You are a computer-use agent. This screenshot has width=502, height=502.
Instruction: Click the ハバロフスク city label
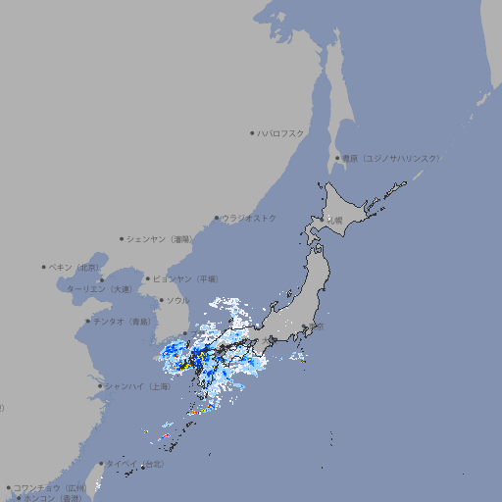pyautogui.click(x=281, y=132)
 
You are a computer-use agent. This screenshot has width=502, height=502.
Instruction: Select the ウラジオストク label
pyautogui.click(x=250, y=218)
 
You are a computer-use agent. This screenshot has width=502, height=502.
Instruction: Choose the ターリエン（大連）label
pyautogui.click(x=99, y=289)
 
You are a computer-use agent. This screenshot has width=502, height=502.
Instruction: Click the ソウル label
pyautogui.click(x=177, y=300)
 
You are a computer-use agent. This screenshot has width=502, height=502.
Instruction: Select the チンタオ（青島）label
pyautogui.click(x=122, y=321)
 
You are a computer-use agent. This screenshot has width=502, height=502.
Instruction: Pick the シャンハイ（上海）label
pyautogui.click(x=138, y=386)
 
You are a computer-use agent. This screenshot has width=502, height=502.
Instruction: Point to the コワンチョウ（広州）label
pyautogui.click(x=49, y=487)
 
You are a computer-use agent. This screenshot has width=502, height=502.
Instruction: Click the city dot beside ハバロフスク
pyautogui.click(x=252, y=132)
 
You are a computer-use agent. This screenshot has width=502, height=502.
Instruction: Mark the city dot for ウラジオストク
pyautogui.click(x=217, y=218)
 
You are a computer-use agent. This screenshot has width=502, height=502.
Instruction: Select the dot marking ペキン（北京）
pyautogui.click(x=44, y=267)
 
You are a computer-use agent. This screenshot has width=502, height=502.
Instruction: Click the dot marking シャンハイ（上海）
pyautogui.click(x=100, y=386)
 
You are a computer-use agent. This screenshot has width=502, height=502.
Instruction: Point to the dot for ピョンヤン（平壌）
pyautogui.click(x=148, y=278)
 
